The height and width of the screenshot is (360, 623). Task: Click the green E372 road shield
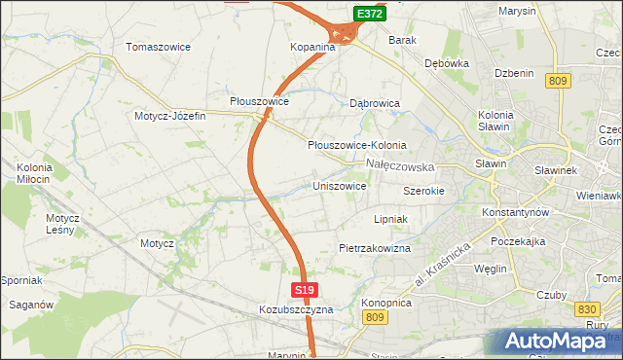(369, 14)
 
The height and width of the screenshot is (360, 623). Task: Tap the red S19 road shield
(304, 290)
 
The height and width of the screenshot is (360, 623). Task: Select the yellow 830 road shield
(587, 308)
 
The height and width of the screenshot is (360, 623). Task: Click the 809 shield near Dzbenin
(558, 82)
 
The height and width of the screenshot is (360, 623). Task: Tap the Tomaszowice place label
(159, 47)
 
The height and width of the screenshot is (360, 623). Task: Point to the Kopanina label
(312, 47)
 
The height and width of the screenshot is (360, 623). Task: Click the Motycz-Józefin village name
(170, 116)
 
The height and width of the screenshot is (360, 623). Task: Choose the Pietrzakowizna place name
(375, 248)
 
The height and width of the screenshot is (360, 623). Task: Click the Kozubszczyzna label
(296, 308)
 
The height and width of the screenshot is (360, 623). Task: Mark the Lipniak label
(389, 220)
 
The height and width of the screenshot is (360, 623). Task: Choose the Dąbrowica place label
(376, 101)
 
